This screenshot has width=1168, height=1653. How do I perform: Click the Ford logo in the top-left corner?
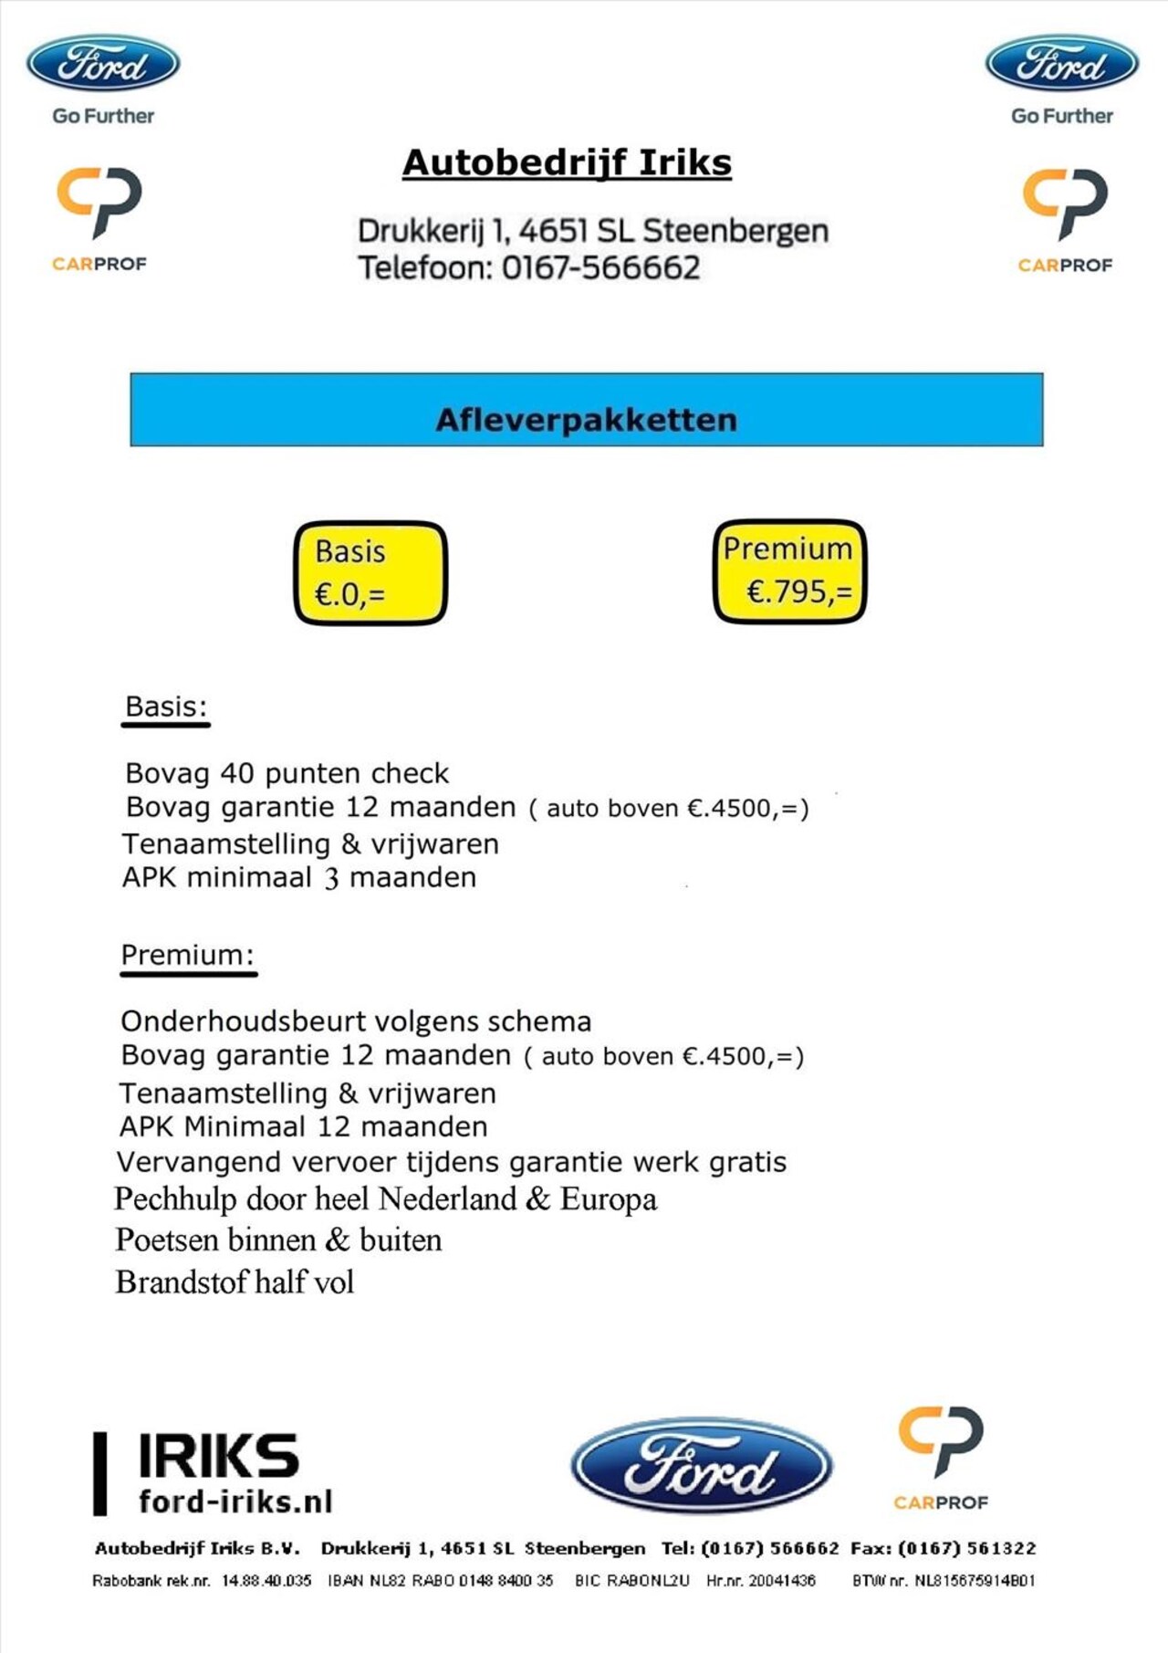pos(102,64)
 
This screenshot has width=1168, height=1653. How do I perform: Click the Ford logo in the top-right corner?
pos(1061,64)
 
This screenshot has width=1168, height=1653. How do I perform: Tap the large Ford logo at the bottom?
pos(701,1466)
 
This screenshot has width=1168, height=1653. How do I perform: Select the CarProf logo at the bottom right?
pos(941,1457)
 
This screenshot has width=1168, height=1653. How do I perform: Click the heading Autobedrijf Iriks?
pos(567,163)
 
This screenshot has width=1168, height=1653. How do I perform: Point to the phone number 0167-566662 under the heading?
pos(600,268)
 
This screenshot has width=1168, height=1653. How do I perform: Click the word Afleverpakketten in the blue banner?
pos(586,420)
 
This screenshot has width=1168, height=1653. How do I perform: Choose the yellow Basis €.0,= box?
pos(370,573)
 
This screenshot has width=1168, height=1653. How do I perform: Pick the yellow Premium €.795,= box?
pos(789,571)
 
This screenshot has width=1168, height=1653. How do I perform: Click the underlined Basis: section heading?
pos(166,707)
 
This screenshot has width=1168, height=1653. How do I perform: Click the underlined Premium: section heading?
pos(187,956)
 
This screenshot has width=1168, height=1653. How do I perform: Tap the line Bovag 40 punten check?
pos(287,774)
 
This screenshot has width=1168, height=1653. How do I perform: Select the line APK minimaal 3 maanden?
pos(299,878)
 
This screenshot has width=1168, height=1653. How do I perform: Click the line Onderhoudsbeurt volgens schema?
pos(356,1021)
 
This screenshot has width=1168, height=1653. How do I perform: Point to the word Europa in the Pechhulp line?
pos(609,1199)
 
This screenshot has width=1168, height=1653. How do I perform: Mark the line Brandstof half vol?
pos(235,1282)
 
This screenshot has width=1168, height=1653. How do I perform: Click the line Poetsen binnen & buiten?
pos(278,1240)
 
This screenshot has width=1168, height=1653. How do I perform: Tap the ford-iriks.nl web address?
pos(235,1501)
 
